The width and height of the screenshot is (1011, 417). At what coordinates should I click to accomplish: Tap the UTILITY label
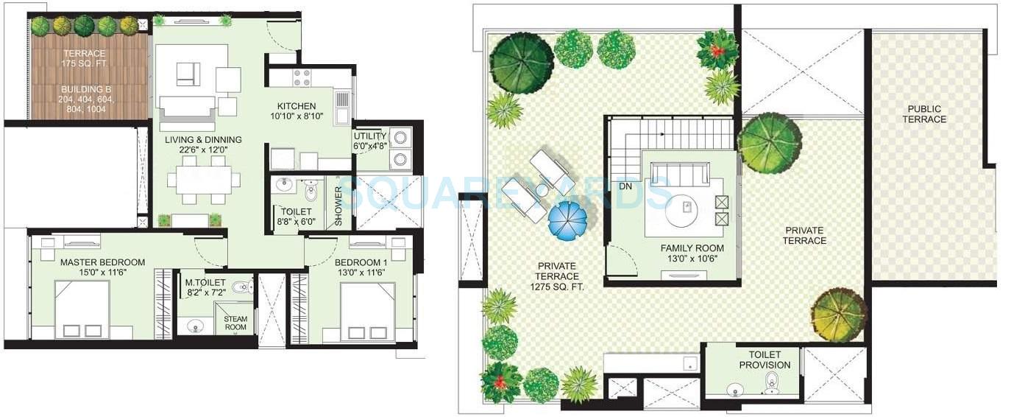tap(369, 136)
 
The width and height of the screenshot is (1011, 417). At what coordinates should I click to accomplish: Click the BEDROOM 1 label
tap(361, 262)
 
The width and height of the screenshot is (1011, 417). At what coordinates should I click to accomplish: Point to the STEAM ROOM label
tap(236, 323)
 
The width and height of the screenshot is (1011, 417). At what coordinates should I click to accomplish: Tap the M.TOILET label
tap(199, 281)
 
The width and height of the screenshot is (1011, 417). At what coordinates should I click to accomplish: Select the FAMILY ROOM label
tap(692, 248)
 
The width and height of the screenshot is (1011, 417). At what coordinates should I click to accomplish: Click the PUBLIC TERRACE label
tap(925, 114)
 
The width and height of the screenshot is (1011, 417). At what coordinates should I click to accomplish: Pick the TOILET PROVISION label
tap(765, 360)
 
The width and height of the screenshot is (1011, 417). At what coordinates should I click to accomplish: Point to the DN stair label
tap(625, 186)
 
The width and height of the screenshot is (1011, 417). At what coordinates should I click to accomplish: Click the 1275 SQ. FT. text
tap(556, 287)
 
